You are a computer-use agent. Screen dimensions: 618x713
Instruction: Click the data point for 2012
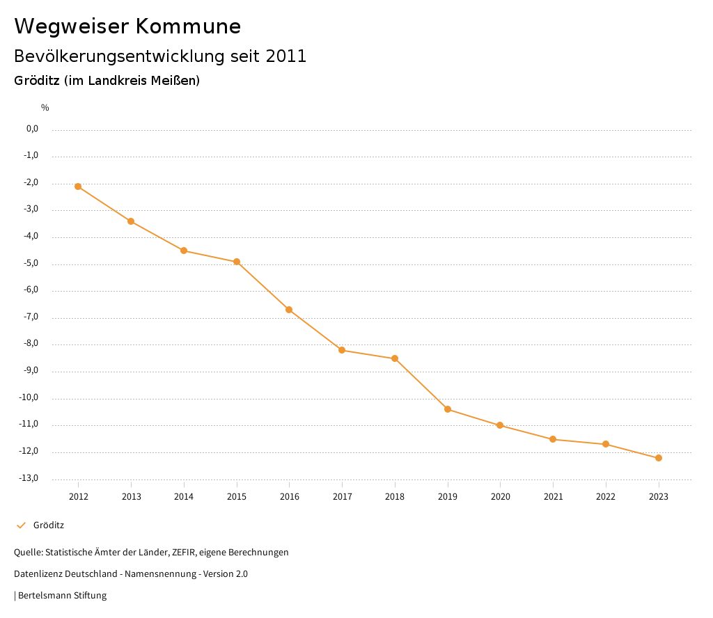[78, 187]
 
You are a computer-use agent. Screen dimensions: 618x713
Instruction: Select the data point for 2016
[289, 310]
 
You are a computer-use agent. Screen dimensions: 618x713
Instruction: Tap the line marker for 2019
[448, 409]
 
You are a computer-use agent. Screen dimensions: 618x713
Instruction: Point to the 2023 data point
[659, 458]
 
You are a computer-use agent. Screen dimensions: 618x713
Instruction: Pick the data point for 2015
[237, 262]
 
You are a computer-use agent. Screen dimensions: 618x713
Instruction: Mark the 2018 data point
[395, 358]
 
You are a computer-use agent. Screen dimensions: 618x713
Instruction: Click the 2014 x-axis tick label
[184, 497]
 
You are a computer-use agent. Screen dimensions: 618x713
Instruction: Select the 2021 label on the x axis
[553, 497]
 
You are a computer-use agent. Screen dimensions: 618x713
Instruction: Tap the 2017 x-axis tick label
[342, 497]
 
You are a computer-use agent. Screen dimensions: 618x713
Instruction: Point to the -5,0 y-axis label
[31, 264]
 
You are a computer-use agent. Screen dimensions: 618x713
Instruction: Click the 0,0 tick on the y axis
[32, 129]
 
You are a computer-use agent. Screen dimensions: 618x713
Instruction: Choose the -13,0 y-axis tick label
[29, 478]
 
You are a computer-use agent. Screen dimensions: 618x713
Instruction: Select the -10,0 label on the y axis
[29, 398]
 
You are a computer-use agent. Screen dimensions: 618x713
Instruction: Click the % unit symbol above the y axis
[45, 108]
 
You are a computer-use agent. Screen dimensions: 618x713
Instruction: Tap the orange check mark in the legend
[21, 525]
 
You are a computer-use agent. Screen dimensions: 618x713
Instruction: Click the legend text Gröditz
[49, 525]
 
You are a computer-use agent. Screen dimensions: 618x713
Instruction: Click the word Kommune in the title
[188, 26]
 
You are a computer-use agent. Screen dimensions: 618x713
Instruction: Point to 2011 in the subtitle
[286, 56]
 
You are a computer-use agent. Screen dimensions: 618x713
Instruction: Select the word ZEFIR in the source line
[184, 553]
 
